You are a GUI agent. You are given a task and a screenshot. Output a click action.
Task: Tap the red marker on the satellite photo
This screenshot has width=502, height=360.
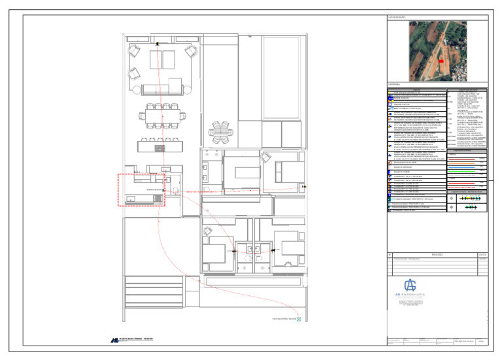(441, 60)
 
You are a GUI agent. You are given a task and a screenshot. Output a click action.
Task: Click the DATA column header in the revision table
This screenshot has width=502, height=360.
(482, 255)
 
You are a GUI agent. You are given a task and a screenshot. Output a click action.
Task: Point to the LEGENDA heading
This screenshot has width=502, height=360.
(393, 84)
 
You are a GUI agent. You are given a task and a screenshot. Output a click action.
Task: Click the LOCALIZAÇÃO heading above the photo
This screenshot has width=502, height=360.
(397, 17)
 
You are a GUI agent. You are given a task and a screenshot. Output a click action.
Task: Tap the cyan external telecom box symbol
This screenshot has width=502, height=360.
(299, 319)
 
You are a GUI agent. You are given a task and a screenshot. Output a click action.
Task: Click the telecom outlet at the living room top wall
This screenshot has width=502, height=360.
(158, 43)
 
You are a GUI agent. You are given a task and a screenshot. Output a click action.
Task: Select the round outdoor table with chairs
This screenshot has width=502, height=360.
(220, 131)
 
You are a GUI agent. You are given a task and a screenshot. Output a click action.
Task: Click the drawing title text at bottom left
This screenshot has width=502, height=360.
(139, 340)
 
